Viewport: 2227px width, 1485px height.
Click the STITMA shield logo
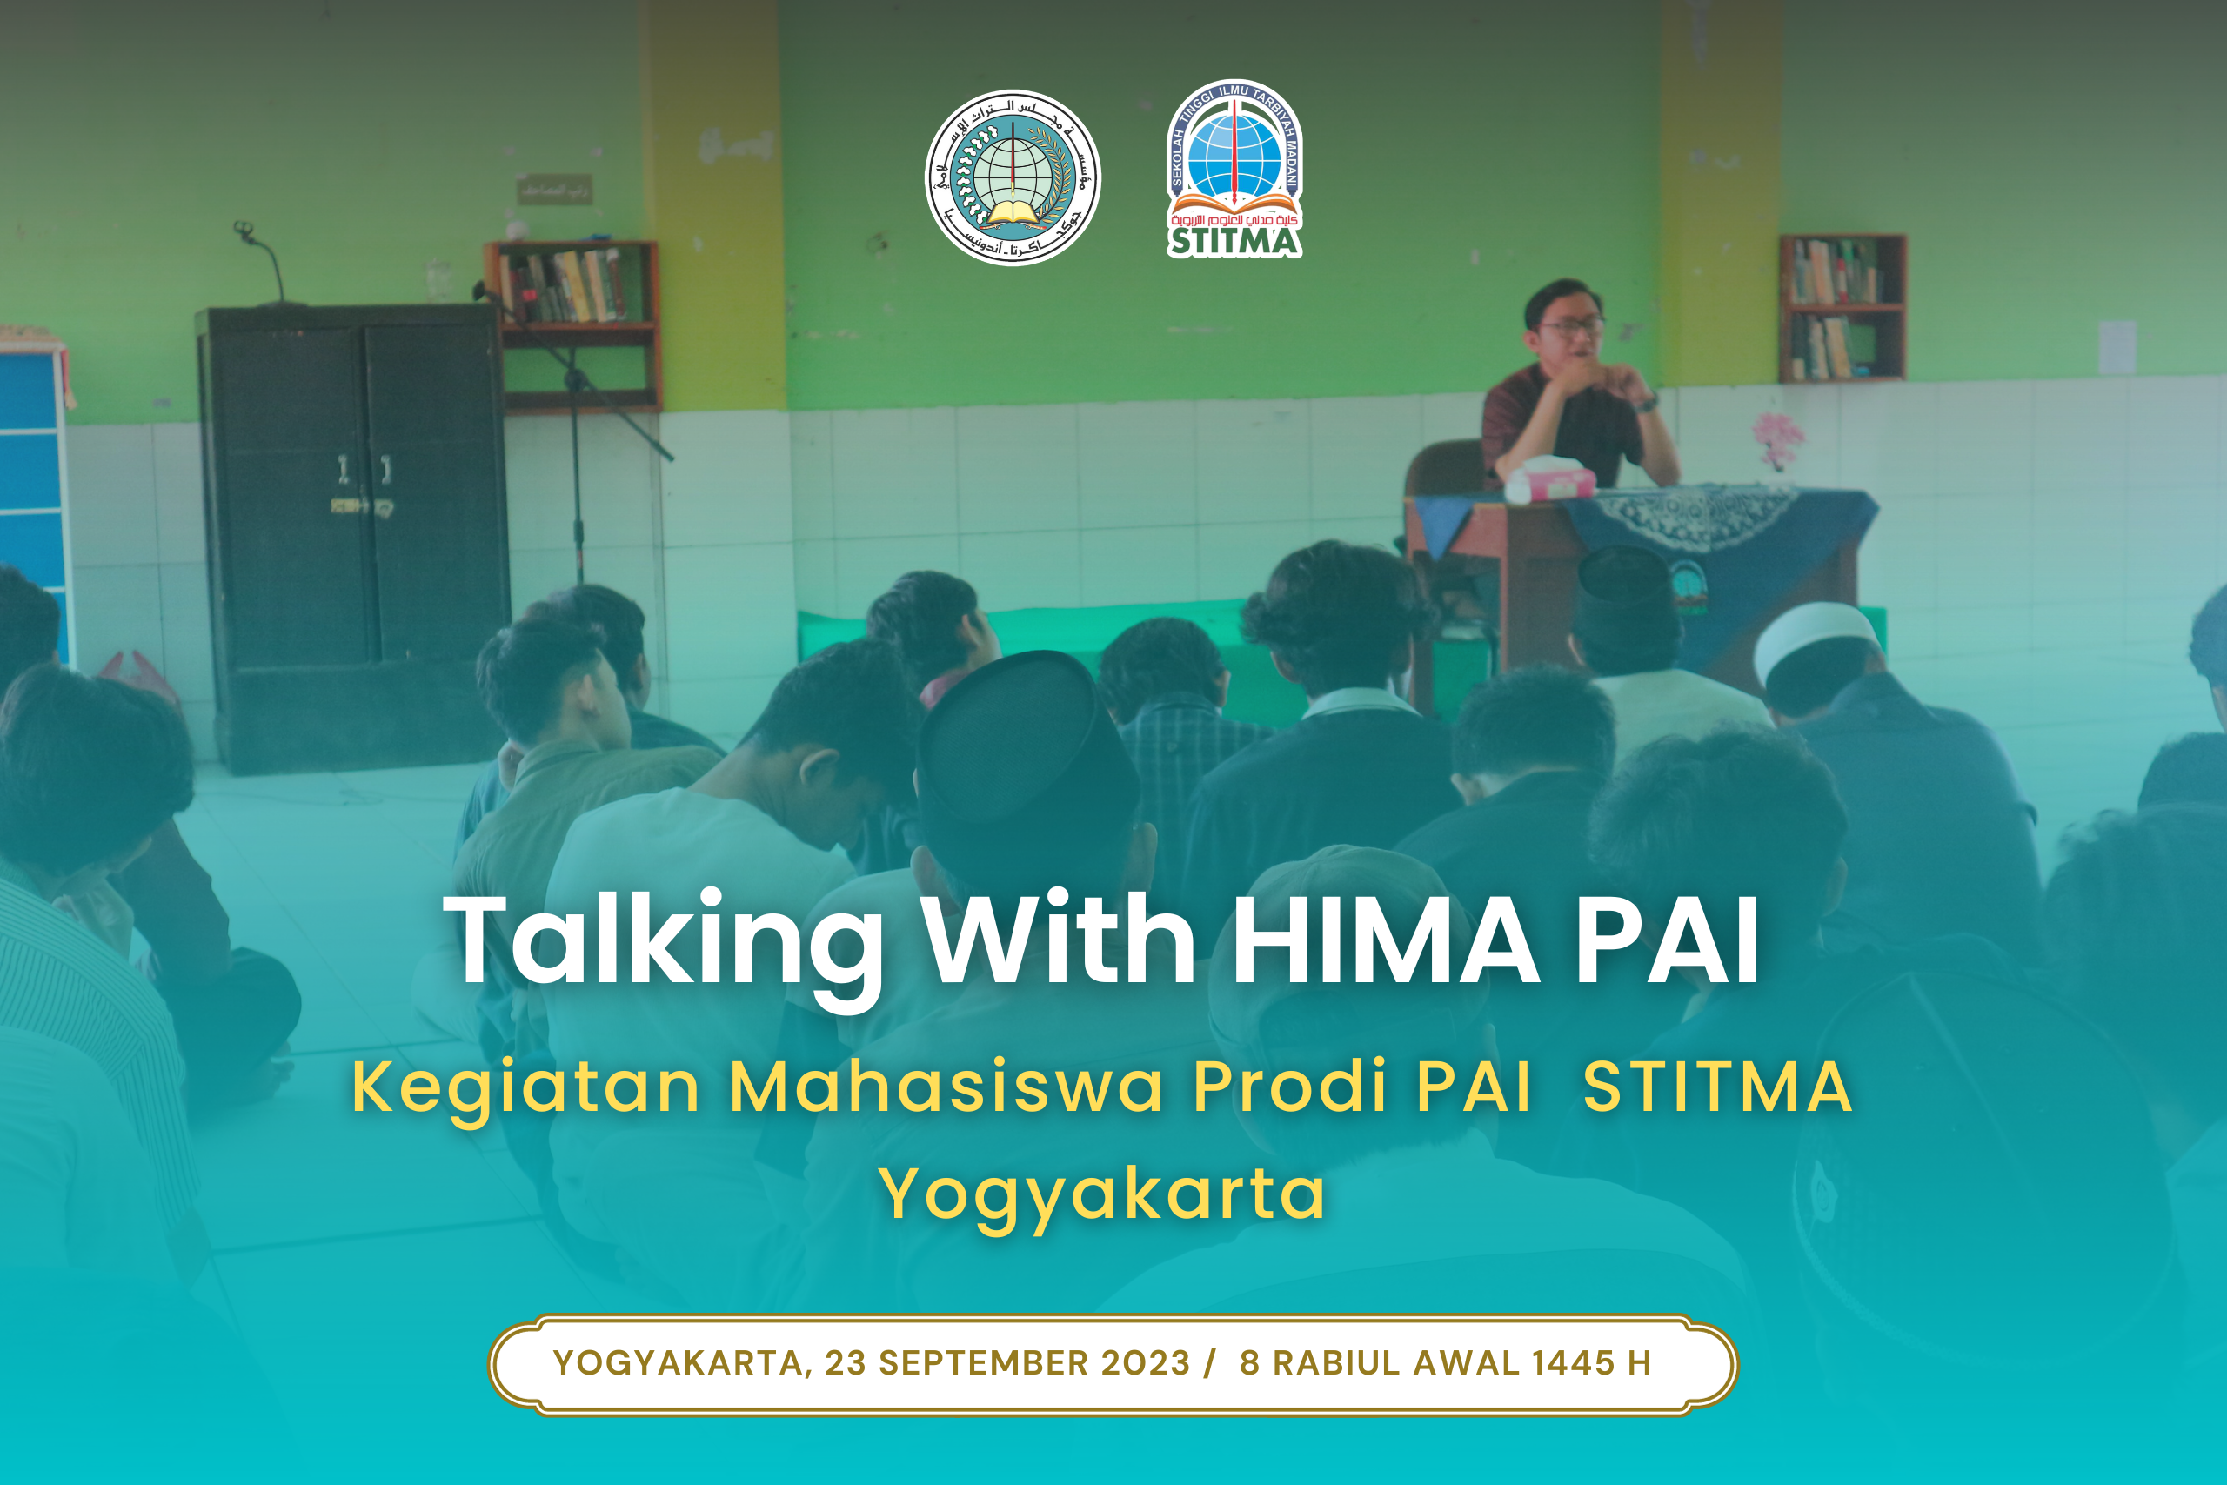click(1234, 169)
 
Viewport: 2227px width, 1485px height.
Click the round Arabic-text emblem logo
click(1013, 177)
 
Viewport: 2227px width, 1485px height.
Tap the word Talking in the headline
click(663, 942)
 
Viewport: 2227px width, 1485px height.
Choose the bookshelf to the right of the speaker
click(1842, 308)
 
